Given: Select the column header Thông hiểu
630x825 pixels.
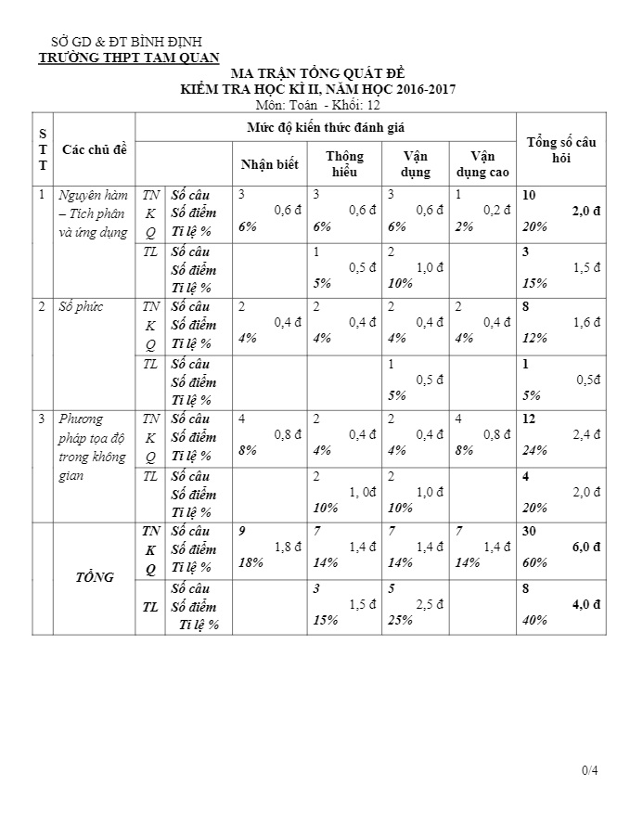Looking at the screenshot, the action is click(x=344, y=164).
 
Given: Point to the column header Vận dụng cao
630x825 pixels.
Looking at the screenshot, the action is click(x=482, y=164).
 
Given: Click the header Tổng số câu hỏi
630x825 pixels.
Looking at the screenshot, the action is click(x=560, y=148).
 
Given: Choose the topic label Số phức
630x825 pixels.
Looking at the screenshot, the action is click(x=79, y=306).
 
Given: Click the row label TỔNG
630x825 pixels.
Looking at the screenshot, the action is click(x=95, y=577).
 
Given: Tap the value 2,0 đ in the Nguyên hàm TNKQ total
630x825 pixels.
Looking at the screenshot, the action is click(x=585, y=212).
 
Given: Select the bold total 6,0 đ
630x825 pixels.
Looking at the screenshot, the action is click(x=585, y=548).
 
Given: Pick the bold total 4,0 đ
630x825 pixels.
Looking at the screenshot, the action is click(x=585, y=604).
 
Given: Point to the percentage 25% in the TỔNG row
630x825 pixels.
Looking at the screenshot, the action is click(x=401, y=621).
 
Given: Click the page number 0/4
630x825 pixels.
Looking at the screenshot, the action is click(x=590, y=770).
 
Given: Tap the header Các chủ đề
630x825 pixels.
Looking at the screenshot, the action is click(x=94, y=148).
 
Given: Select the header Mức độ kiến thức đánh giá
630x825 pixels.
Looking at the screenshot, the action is click(x=325, y=125).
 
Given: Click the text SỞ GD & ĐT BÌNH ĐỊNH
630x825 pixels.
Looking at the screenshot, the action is click(x=126, y=42).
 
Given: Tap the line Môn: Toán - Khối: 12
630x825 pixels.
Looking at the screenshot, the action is click(x=318, y=105).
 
